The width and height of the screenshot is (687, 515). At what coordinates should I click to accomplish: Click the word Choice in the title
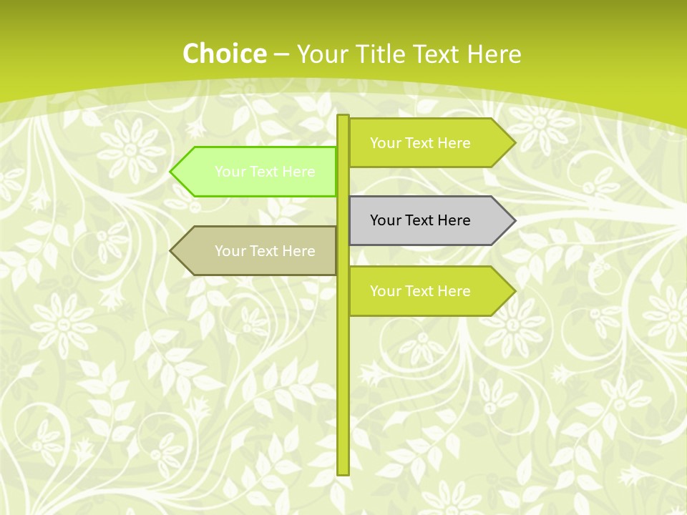point(224,54)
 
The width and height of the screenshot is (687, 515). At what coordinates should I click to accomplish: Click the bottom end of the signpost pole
point(343,471)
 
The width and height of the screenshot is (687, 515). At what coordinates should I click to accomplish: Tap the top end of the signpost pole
point(343,117)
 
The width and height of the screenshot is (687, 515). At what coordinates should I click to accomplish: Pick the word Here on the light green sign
point(298,172)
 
